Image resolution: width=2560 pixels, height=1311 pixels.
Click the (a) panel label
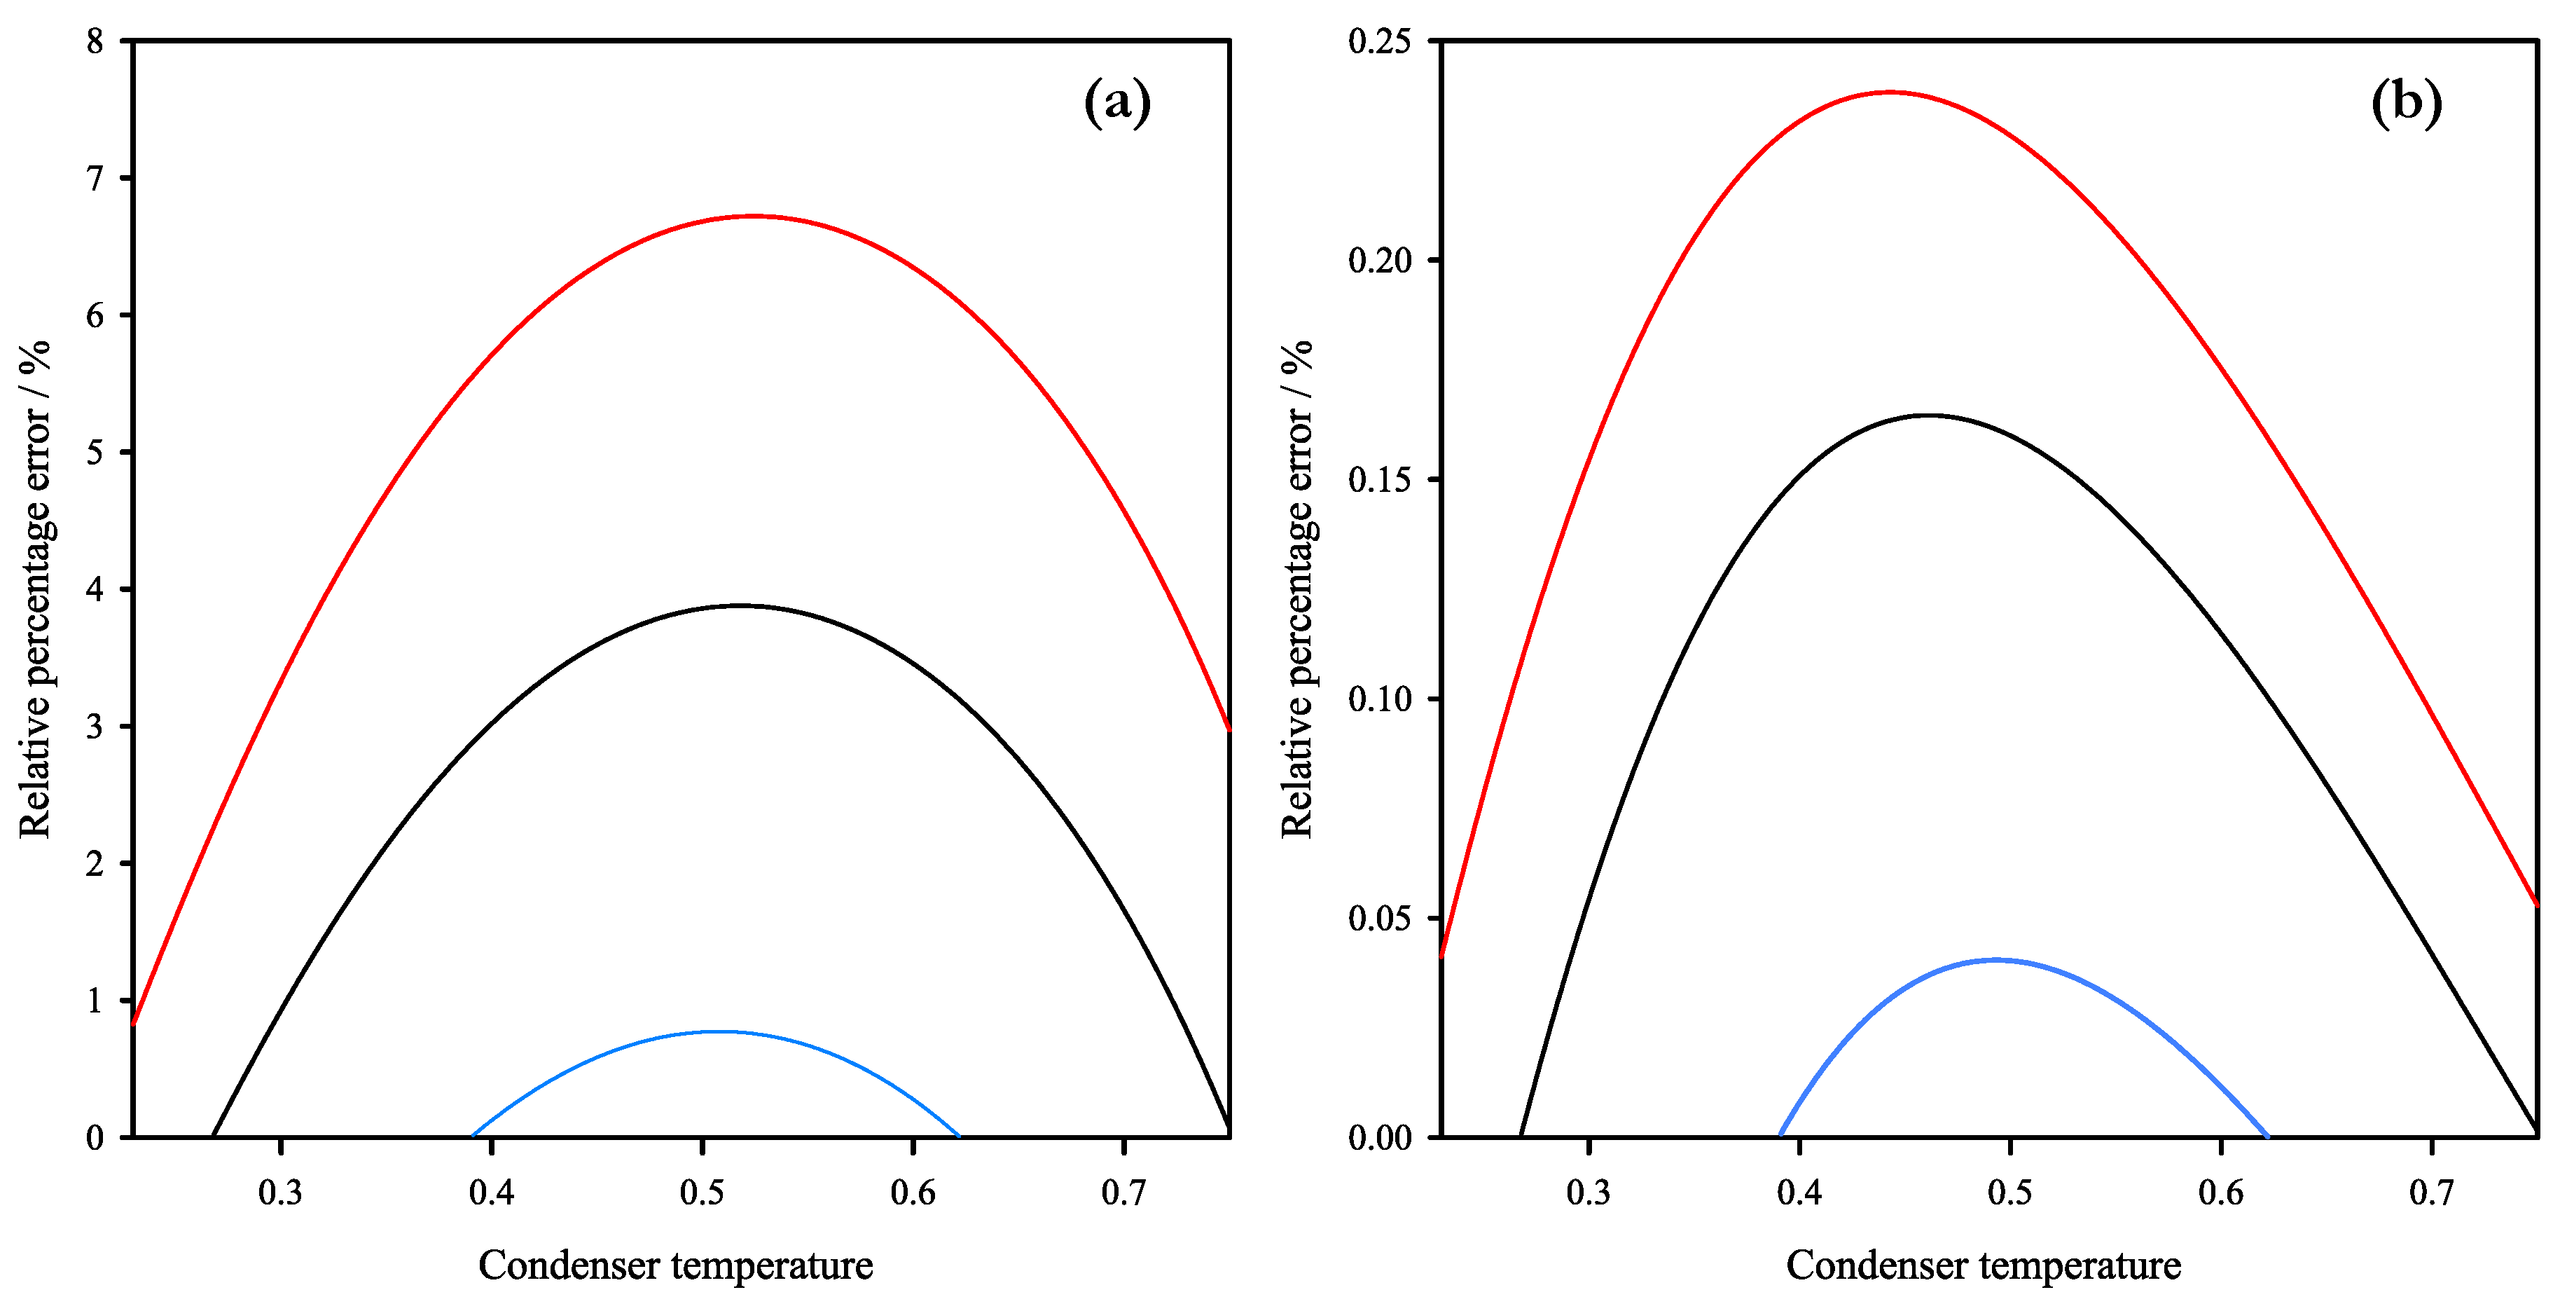click(x=1117, y=102)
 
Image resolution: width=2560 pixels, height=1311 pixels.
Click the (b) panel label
click(x=2406, y=102)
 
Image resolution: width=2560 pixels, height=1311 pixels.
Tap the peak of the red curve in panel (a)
click(x=754, y=216)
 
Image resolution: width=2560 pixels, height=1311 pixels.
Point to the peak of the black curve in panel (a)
click(x=740, y=605)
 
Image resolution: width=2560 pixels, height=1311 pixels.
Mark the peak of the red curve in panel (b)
click(x=1889, y=92)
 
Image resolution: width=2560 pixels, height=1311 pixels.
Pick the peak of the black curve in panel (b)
click(x=1928, y=416)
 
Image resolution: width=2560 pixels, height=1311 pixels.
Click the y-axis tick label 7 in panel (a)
click(x=95, y=179)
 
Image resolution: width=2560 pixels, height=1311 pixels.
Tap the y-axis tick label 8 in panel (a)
click(x=95, y=42)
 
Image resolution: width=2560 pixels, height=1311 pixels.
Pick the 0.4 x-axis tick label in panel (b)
click(x=1800, y=1192)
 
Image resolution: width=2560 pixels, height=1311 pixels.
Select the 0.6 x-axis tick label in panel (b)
click(x=2221, y=1192)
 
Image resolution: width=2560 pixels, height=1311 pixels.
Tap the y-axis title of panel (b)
click(x=1298, y=589)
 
